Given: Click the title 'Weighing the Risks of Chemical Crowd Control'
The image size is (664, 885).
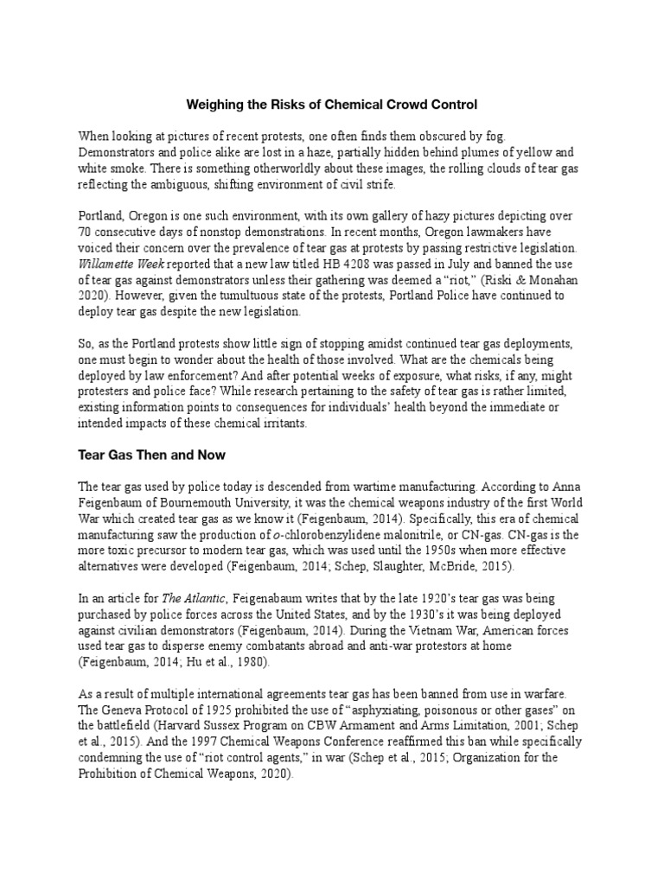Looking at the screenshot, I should (332, 105).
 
